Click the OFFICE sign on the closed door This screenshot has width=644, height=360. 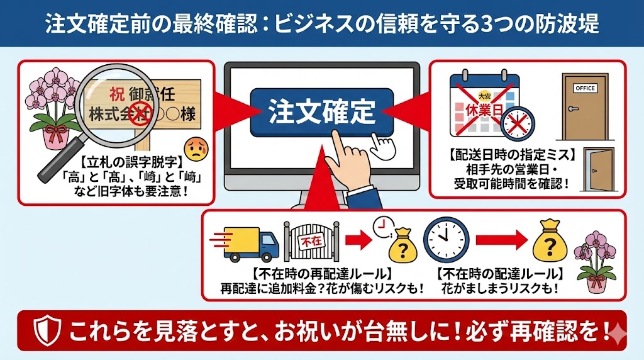click(584, 89)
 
